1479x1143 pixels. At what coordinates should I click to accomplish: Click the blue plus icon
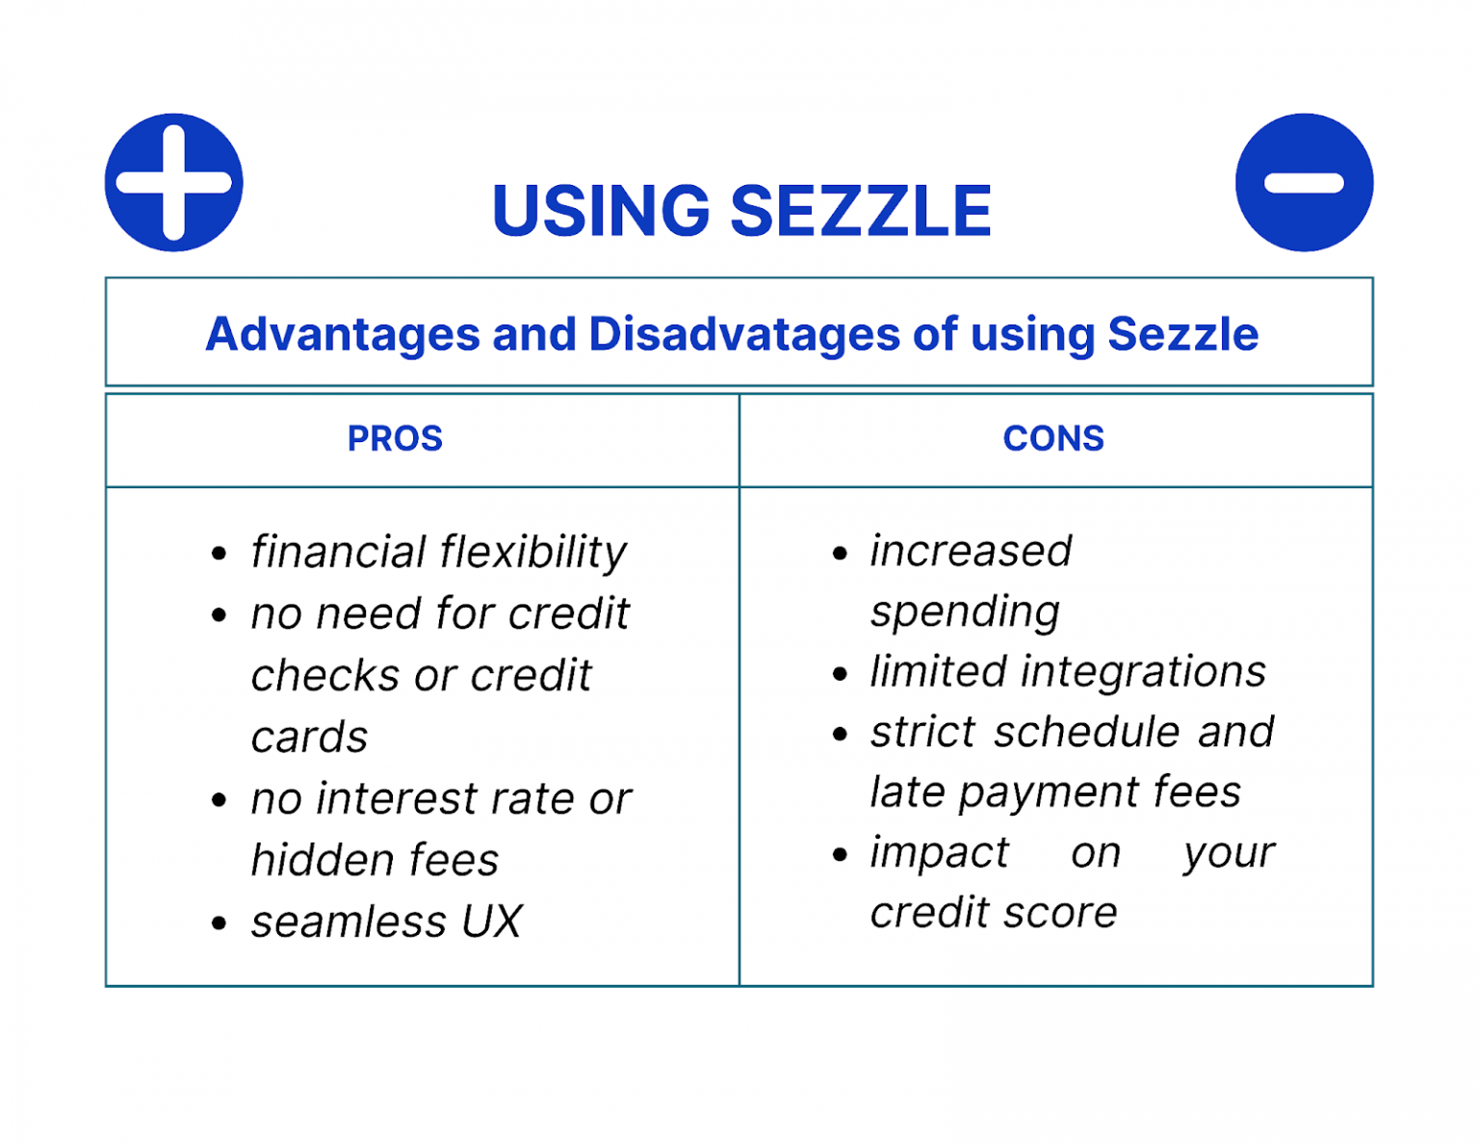[x=173, y=182]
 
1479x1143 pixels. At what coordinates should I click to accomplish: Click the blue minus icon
[x=1304, y=182]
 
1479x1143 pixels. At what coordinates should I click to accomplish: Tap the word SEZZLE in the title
[x=861, y=212]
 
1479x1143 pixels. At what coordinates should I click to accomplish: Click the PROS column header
[x=395, y=439]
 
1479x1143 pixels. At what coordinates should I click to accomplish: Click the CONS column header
[x=1053, y=439]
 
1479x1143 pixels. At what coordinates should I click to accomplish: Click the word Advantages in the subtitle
[x=342, y=335]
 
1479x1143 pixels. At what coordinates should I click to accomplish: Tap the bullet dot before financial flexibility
[x=220, y=555]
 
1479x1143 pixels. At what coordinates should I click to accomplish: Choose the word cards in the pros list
[x=309, y=738]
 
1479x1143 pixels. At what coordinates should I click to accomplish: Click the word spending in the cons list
[x=965, y=612]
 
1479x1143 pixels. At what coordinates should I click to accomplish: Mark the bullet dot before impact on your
[x=840, y=854]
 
